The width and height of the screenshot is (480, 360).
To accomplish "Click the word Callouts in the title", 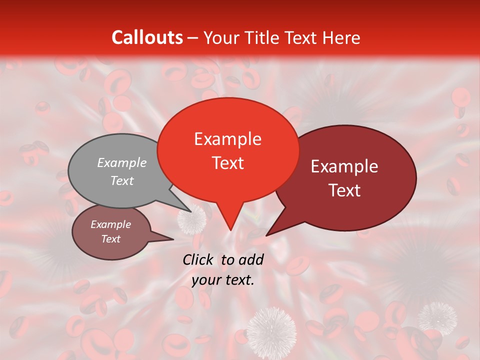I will [147, 37].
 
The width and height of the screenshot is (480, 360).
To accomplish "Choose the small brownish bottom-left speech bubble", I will [111, 232].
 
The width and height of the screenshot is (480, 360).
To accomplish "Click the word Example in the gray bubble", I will [122, 162].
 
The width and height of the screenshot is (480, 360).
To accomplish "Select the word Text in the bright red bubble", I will [228, 163].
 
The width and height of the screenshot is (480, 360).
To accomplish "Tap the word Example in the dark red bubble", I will [344, 166].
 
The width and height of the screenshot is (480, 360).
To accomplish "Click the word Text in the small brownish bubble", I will [111, 239].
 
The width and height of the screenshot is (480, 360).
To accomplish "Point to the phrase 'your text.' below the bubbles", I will [223, 280].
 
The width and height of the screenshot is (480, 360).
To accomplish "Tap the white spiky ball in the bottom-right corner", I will [437, 317].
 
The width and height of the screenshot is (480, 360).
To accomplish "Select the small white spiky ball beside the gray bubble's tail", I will [192, 220].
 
